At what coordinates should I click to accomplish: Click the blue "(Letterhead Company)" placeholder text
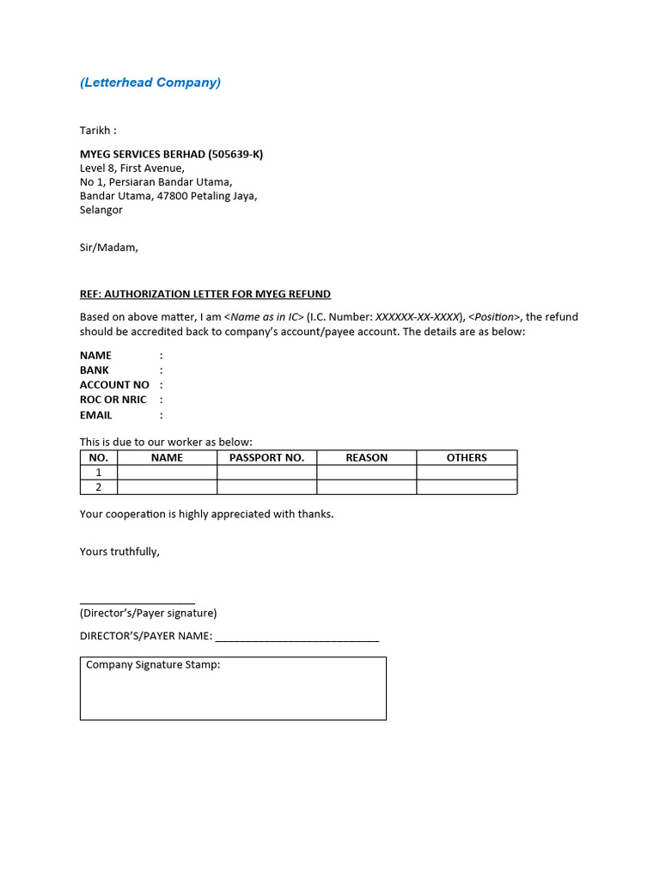[x=150, y=82]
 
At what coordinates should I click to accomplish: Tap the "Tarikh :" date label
[x=98, y=131]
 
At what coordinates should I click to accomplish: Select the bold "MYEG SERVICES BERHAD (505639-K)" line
[x=171, y=154]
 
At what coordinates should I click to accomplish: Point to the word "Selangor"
[x=101, y=210]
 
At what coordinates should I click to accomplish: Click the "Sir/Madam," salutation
[x=108, y=247]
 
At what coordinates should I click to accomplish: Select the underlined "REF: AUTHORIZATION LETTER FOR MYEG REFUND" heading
[x=205, y=294]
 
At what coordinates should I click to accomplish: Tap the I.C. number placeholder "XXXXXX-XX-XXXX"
[x=418, y=317]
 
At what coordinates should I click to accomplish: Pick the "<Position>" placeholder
[x=494, y=317]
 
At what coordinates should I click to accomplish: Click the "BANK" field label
[x=95, y=370]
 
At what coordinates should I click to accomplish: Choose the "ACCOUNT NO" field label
[x=114, y=385]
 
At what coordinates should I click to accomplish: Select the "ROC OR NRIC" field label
[x=113, y=400]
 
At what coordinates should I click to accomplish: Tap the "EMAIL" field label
[x=96, y=415]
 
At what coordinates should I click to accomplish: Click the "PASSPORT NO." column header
[x=266, y=458]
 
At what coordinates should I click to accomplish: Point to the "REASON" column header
[x=367, y=458]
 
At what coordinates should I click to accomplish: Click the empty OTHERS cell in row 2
[x=467, y=487]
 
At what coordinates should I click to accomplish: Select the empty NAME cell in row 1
[x=167, y=473]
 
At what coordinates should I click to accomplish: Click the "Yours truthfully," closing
[x=119, y=552]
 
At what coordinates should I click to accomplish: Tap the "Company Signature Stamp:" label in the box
[x=153, y=665]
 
